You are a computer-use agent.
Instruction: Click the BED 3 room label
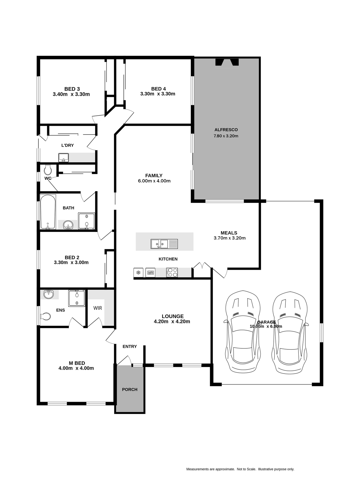[72, 89]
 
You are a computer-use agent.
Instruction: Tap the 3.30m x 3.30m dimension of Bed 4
[158, 94]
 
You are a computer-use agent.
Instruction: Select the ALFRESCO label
[226, 130]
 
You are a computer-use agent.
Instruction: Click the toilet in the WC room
[48, 169]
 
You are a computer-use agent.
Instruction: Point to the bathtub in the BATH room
[48, 212]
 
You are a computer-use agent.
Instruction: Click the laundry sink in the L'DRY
[63, 157]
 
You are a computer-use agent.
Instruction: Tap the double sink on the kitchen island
[164, 244]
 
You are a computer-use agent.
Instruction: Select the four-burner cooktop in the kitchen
[172, 272]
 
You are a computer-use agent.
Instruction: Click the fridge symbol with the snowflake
[138, 273]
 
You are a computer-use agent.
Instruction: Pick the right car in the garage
[290, 332]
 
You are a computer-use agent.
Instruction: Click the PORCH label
[130, 389]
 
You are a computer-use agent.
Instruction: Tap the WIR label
[98, 308]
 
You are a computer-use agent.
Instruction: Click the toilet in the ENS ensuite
[45, 316]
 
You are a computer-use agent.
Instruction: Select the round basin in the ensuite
[49, 294]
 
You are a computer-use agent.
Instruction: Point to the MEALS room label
[229, 233]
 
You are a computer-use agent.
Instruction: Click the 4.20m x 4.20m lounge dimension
[172, 322]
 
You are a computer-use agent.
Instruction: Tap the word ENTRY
[130, 346]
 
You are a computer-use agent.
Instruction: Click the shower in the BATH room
[87, 221]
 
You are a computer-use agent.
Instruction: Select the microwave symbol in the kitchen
[150, 273]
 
